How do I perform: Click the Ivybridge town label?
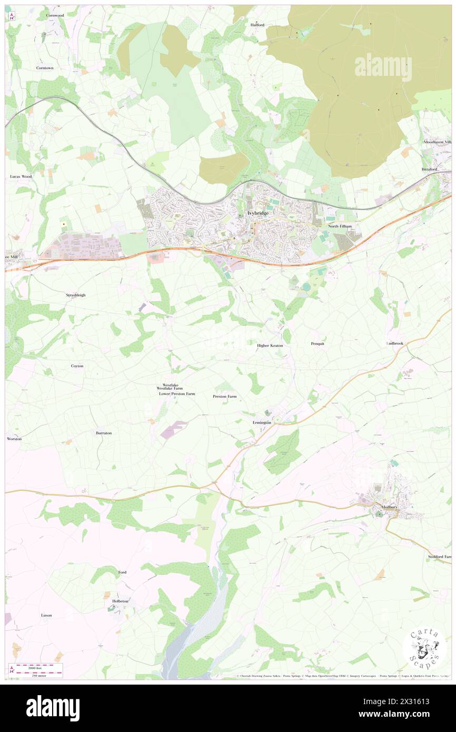[x=257, y=213]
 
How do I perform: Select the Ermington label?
[x=262, y=423]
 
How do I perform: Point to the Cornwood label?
[x=55, y=15]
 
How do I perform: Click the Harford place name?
[x=257, y=25]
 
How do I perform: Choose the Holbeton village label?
[x=121, y=600]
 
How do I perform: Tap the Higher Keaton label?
[x=270, y=345]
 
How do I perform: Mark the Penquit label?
[x=318, y=343]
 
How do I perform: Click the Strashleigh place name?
[x=76, y=295]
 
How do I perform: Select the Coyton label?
[x=77, y=365]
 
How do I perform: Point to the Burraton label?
[x=103, y=433]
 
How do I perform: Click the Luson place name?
[x=46, y=615]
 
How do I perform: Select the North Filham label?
[x=340, y=226]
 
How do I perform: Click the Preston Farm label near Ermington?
[x=224, y=396]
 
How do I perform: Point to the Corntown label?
[x=45, y=68]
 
